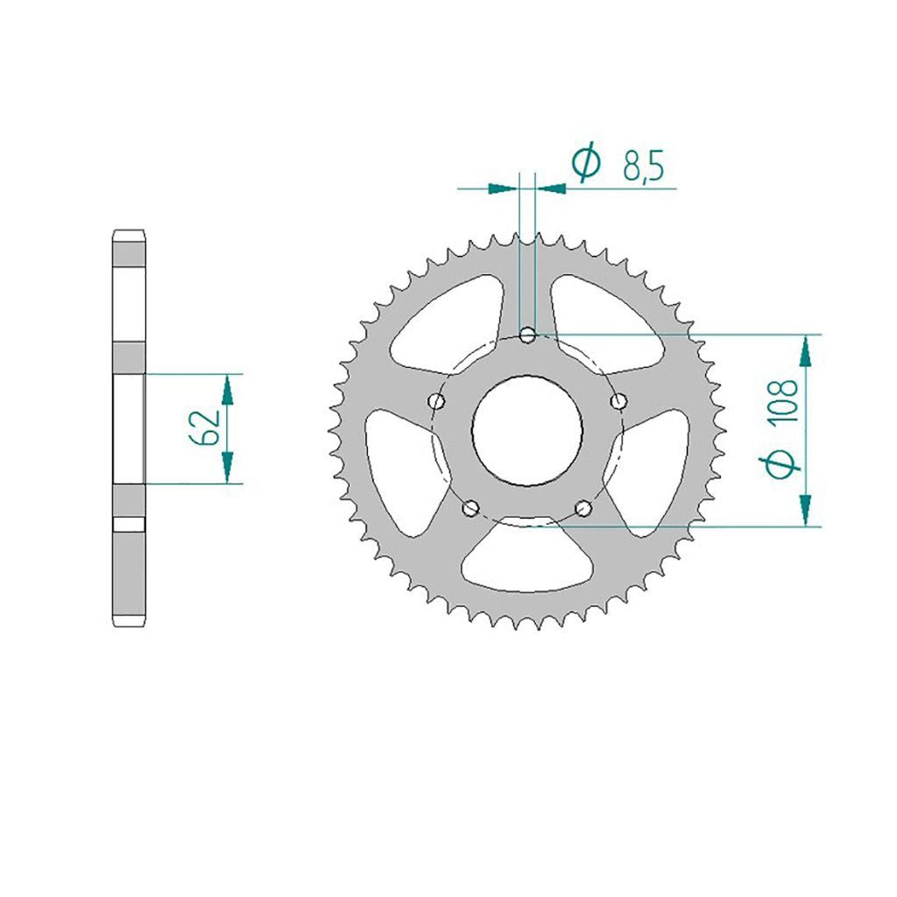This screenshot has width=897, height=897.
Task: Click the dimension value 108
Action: tap(784, 401)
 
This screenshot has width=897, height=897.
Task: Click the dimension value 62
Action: tap(204, 427)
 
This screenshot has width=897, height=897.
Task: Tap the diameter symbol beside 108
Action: tap(780, 463)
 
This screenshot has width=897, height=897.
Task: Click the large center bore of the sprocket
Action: tap(526, 430)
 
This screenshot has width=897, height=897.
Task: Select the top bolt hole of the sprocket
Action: tap(527, 335)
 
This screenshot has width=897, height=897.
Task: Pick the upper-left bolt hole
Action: tap(437, 401)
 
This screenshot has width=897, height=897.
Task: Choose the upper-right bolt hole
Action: tap(618, 401)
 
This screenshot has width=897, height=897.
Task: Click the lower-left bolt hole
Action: tap(471, 507)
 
